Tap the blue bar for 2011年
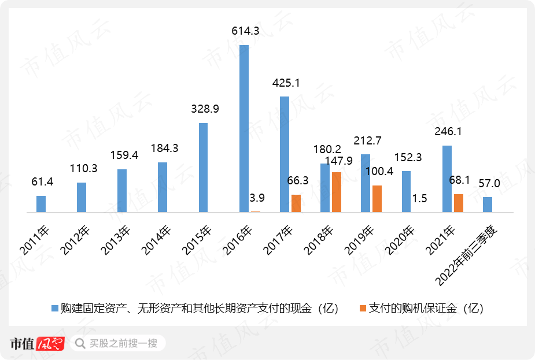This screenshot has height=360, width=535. (41, 204)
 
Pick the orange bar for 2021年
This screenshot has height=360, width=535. (459, 203)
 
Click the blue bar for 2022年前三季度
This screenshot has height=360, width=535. (488, 205)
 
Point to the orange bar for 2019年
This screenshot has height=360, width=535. (377, 199)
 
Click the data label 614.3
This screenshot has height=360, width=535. (244, 32)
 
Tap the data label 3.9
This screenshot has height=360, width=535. (257, 198)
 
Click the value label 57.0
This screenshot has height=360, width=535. (489, 184)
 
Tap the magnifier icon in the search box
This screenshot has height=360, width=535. (80, 343)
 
